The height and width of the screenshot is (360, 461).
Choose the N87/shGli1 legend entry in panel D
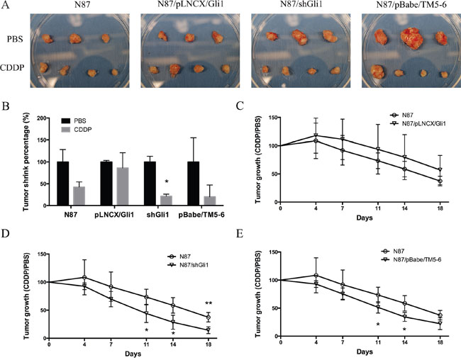click(x=186, y=253)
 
